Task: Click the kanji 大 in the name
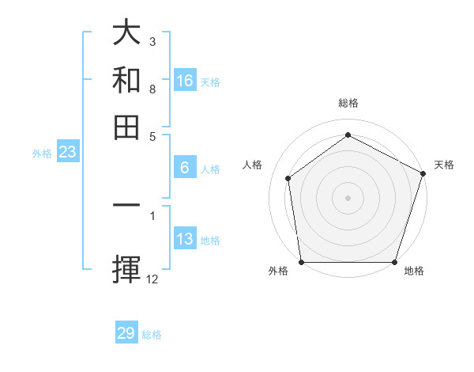[127, 33]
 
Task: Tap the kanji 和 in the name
[127, 80]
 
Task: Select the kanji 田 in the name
[127, 127]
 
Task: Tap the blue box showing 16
[185, 81]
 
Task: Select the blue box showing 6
[185, 168]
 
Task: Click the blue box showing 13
[185, 239]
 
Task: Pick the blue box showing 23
[66, 152]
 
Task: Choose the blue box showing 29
[126, 333]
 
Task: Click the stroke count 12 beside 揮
[152, 279]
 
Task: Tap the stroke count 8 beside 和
[152, 89]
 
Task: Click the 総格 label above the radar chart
[348, 104]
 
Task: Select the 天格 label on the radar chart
[444, 165]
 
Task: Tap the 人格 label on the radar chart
[252, 165]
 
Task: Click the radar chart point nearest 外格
[301, 262]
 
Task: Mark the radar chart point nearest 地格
[394, 262]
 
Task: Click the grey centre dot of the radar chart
[348, 197]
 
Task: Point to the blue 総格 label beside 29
[152, 335]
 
